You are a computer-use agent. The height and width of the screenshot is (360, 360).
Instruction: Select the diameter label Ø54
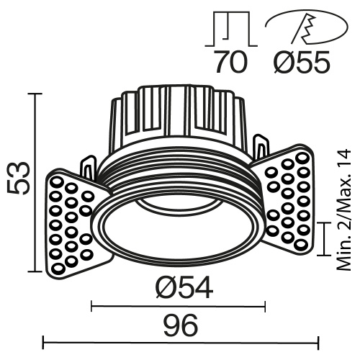pyautogui.click(x=183, y=288)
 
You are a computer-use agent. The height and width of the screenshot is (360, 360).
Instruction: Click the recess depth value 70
pyautogui.click(x=231, y=63)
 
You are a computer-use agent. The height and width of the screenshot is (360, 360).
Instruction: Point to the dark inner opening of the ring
pyautogui.click(x=180, y=230)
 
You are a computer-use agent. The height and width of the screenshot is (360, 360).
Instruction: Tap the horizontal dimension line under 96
pyautogui.click(x=180, y=341)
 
